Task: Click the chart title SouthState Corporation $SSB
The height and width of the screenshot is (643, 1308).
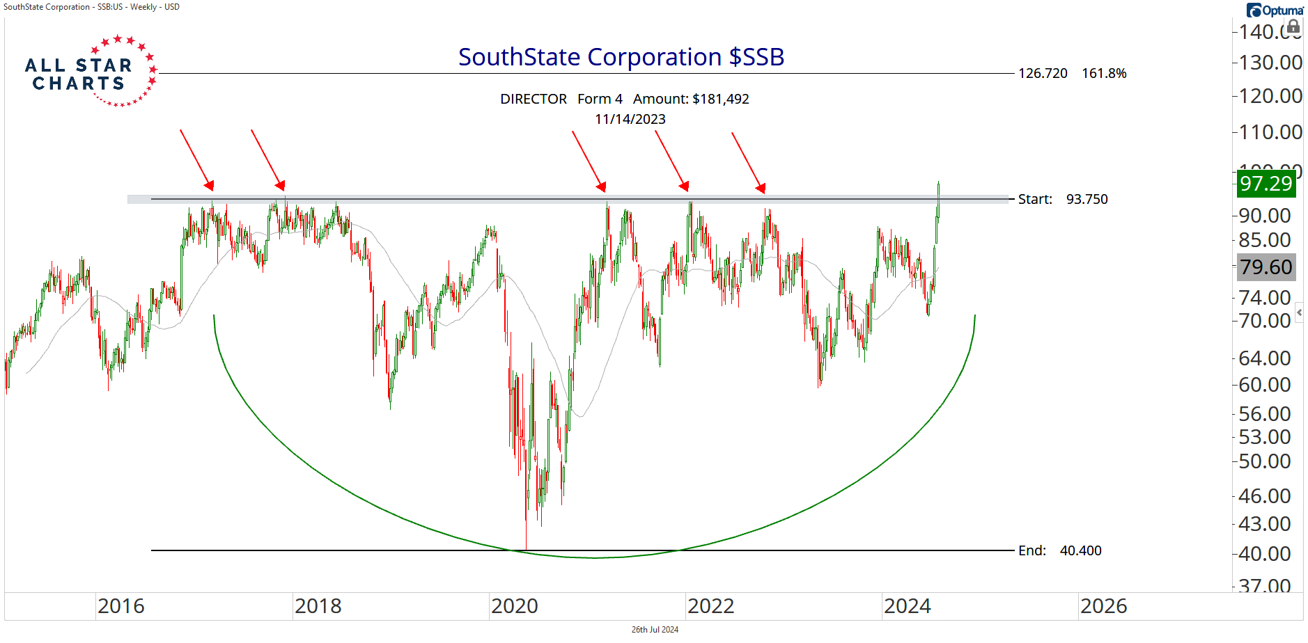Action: click(x=621, y=57)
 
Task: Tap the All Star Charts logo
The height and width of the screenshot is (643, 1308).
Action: click(x=89, y=72)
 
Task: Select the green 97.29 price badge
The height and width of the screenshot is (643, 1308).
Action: click(x=1266, y=184)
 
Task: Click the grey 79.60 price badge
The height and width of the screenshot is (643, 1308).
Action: click(x=1266, y=267)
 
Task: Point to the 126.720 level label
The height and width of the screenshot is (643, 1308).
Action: click(x=1043, y=74)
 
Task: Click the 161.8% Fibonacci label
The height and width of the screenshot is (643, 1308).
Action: click(x=1104, y=74)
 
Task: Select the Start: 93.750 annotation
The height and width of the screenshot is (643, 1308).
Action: click(x=1063, y=200)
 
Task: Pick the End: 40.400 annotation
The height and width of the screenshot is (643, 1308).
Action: click(x=1060, y=551)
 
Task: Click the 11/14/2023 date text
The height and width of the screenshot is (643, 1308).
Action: click(x=630, y=120)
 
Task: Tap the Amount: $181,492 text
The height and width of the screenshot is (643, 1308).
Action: click(x=691, y=100)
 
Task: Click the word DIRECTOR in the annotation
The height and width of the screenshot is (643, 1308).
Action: click(x=534, y=100)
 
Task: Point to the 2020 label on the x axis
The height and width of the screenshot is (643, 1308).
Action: click(x=515, y=606)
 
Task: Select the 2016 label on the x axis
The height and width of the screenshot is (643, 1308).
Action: click(x=121, y=606)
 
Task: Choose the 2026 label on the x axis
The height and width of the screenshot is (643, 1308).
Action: click(x=1104, y=606)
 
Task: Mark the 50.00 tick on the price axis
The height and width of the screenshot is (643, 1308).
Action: click(x=1265, y=461)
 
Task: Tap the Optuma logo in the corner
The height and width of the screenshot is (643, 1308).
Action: click(x=1275, y=10)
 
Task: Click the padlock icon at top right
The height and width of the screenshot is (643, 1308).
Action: click(x=1293, y=27)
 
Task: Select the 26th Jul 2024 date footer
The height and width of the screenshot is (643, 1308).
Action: click(x=655, y=630)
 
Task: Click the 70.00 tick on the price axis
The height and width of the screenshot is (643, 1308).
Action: click(x=1265, y=321)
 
